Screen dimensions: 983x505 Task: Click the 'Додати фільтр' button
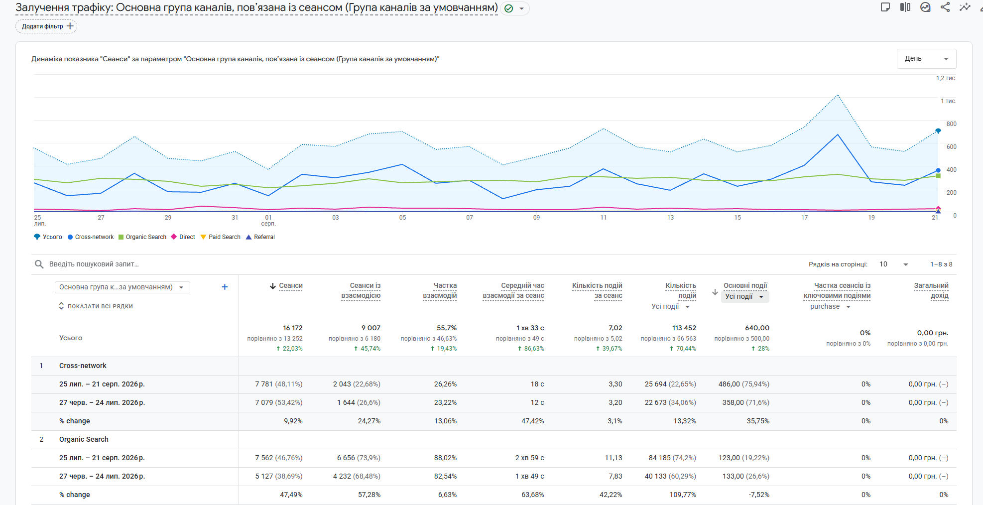click(x=46, y=26)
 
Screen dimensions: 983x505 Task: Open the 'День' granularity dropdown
click(x=926, y=59)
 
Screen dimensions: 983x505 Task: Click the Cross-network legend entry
click(x=91, y=237)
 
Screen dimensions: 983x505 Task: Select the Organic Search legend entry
click(x=142, y=237)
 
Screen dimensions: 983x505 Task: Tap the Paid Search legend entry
click(x=221, y=237)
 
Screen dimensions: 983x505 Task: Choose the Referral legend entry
click(x=260, y=237)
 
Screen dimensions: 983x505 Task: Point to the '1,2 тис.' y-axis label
click(x=946, y=78)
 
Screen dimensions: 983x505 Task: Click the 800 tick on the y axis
click(x=951, y=124)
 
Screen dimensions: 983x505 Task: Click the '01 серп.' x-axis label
click(x=268, y=221)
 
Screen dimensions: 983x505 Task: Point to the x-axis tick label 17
click(x=804, y=218)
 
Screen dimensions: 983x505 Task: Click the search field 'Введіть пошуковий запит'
click(x=94, y=264)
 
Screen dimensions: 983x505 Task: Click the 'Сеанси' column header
click(x=291, y=286)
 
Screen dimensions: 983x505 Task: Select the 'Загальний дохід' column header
click(x=931, y=290)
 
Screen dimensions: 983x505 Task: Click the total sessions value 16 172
click(x=293, y=328)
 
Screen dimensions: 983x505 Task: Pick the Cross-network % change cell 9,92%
click(x=293, y=421)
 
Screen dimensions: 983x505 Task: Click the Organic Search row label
click(x=84, y=439)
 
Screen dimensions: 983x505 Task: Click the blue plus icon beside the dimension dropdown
click(x=225, y=287)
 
